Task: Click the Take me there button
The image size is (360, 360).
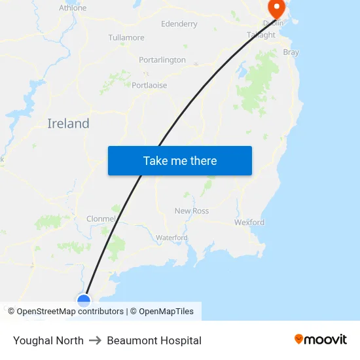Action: [180, 161]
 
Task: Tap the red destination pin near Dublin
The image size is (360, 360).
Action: [276, 9]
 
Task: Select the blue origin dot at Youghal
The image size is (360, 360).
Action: [84, 300]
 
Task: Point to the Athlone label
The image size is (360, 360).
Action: [73, 8]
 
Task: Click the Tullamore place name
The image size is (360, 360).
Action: [126, 37]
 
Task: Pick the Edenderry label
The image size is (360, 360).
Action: [179, 24]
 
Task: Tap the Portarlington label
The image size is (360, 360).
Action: [162, 60]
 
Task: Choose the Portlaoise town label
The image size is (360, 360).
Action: [149, 85]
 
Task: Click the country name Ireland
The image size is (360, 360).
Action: [68, 124]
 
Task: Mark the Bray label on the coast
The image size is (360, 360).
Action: [291, 52]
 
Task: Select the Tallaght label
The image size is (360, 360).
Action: [261, 35]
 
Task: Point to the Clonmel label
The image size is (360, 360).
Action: [101, 219]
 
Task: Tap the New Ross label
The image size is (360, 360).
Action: [192, 211]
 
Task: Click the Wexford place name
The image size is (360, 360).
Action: [249, 223]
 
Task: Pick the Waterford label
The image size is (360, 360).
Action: [171, 237]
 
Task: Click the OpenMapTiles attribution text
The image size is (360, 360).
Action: [166, 312]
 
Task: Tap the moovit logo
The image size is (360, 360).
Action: [321, 340]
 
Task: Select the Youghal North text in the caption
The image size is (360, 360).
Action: [48, 340]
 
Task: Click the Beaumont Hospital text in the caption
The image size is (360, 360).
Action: [154, 340]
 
